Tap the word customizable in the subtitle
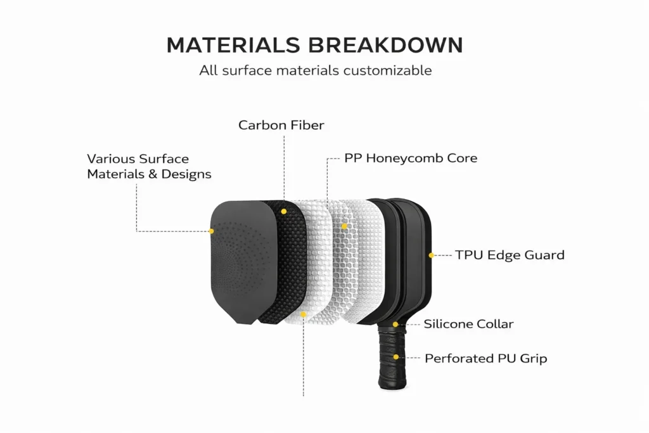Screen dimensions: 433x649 click(x=387, y=70)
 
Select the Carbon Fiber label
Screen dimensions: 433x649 click(x=281, y=125)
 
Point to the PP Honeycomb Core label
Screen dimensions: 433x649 click(x=410, y=158)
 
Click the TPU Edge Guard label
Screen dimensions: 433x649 click(x=510, y=255)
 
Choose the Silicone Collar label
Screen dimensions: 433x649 click(x=468, y=324)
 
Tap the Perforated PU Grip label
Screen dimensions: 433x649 click(x=485, y=358)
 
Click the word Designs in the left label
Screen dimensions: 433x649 click(x=187, y=174)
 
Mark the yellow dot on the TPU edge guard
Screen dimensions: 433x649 click(x=431, y=255)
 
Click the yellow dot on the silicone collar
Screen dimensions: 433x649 click(x=395, y=324)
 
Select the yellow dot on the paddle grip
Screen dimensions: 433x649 click(x=395, y=358)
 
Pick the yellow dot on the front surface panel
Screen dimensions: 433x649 click(x=212, y=231)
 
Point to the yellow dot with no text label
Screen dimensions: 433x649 click(x=304, y=314)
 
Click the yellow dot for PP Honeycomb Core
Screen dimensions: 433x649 click(x=344, y=226)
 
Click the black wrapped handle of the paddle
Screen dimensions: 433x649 click(x=389, y=355)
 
